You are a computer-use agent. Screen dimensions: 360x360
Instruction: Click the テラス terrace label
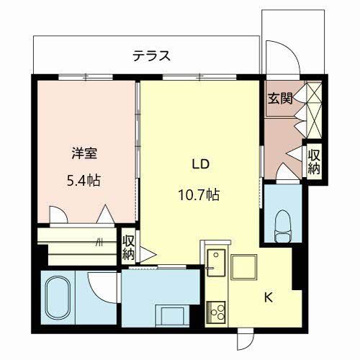150,55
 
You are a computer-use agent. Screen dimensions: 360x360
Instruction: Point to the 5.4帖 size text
84,179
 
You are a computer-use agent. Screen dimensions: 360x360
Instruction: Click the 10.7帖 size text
199,194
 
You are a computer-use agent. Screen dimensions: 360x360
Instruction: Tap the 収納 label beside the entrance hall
314,161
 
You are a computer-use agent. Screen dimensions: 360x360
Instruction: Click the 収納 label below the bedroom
128,247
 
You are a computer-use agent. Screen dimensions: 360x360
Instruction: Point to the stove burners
216,310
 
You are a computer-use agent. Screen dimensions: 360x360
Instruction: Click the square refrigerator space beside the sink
244,266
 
